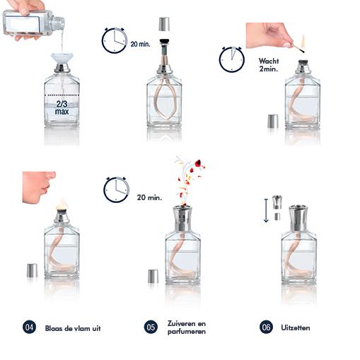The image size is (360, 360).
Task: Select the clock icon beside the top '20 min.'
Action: (x=114, y=41)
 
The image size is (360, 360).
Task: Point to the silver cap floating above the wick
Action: (x=164, y=24)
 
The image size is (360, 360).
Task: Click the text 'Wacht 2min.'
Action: (x=269, y=65)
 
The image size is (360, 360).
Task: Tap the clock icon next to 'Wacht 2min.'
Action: (x=231, y=59)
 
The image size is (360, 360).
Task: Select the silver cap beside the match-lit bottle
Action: (x=273, y=120)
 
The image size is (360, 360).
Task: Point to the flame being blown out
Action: (x=62, y=204)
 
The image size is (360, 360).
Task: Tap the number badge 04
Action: (x=29, y=327)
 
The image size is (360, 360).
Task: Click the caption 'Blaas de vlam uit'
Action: (x=73, y=327)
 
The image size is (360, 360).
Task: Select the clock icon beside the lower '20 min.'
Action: (x=116, y=190)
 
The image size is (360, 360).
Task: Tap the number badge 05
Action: (x=151, y=327)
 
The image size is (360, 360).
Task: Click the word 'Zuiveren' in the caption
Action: (x=187, y=324)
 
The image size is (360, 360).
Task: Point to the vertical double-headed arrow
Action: (x=266, y=210)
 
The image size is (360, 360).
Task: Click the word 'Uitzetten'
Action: (x=295, y=327)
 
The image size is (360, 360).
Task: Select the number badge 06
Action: (x=266, y=327)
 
